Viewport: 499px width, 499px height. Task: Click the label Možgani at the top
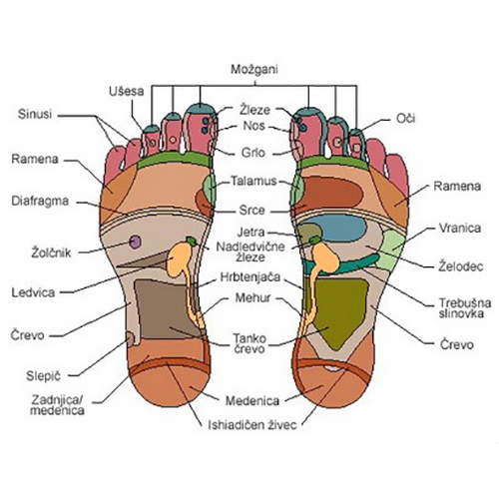click(254, 70)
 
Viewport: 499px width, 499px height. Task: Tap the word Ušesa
click(127, 91)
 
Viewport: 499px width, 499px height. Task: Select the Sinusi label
click(35, 114)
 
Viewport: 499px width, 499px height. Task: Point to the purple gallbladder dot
click(135, 242)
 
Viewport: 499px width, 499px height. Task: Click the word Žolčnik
click(51, 252)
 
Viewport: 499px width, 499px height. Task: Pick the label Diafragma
click(40, 201)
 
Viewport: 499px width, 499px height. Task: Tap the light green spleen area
click(392, 249)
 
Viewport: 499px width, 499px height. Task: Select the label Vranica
click(460, 229)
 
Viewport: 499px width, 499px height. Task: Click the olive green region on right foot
click(339, 311)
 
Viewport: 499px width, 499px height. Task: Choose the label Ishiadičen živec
click(251, 425)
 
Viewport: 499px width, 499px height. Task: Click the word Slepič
click(44, 376)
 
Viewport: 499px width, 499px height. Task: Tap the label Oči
click(405, 119)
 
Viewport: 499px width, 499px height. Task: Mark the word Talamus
click(253, 181)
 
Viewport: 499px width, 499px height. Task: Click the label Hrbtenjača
click(250, 276)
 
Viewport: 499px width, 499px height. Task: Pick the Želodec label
click(460, 266)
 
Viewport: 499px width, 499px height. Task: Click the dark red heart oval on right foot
click(331, 193)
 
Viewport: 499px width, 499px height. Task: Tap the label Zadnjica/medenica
click(57, 405)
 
